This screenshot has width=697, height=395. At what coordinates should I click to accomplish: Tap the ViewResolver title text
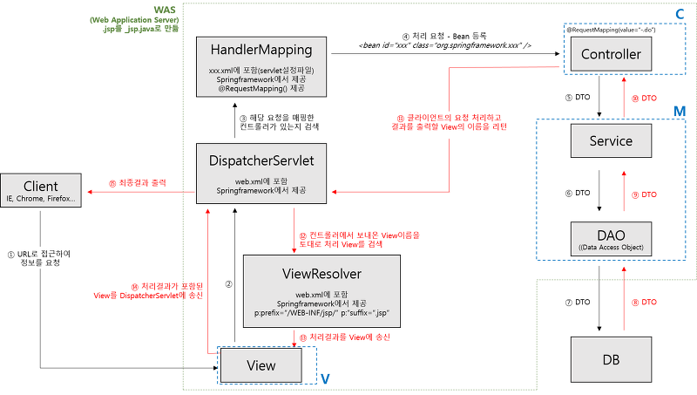[x=321, y=274]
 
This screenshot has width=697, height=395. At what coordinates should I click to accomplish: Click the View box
[x=261, y=364]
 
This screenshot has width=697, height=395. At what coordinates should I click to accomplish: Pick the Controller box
[x=611, y=55]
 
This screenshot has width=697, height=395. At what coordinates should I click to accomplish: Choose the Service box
[x=611, y=140]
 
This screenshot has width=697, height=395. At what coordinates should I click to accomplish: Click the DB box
[x=611, y=359]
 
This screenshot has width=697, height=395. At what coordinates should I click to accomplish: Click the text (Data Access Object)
[x=611, y=248]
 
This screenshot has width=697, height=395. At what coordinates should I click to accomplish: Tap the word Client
[x=40, y=186]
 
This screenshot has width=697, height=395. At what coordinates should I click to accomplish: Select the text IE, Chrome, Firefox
[x=40, y=200]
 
